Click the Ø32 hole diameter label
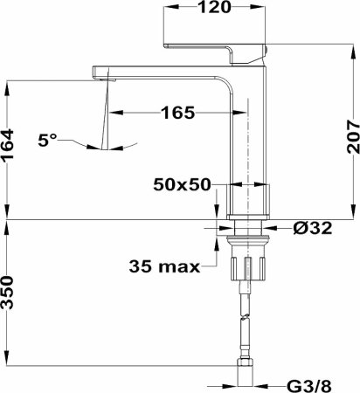tap(312, 230)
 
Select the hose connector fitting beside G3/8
tap(246, 376)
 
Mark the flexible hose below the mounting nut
tap(246, 323)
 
